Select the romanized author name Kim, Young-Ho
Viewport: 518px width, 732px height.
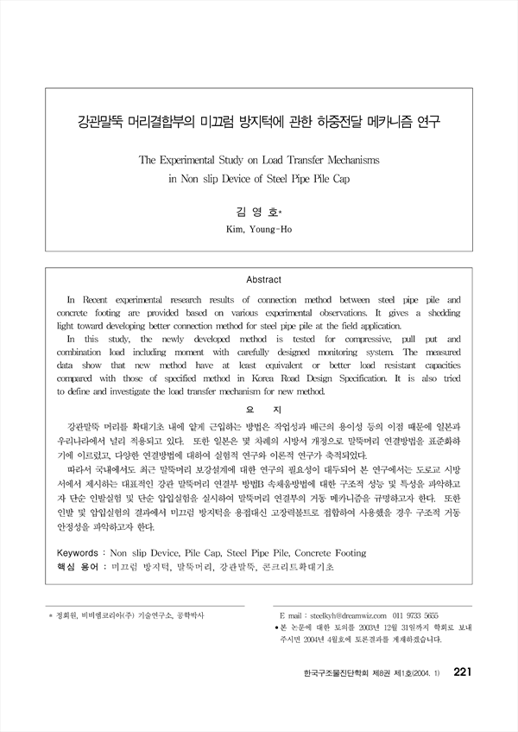[259, 228]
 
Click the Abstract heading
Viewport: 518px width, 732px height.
[259, 280]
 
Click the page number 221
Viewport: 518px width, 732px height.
[461, 696]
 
